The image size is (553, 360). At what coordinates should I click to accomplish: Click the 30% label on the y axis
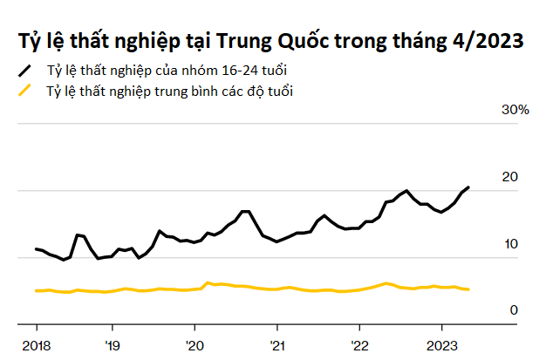coord(514,110)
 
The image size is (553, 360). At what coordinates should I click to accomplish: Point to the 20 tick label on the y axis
coord(509,177)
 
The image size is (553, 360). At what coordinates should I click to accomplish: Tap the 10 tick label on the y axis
coord(509,244)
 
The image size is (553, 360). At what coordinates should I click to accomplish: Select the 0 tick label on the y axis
coord(514,310)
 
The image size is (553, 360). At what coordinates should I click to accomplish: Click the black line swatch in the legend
coord(25,69)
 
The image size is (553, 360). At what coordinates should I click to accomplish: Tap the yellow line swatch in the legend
coord(25,91)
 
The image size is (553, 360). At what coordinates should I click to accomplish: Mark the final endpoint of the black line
coord(469,187)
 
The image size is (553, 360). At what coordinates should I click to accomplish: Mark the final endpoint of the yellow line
coord(469,289)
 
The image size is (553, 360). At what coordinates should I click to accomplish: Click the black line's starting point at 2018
coord(36,249)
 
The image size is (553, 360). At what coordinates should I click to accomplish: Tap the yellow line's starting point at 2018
coord(36,290)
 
